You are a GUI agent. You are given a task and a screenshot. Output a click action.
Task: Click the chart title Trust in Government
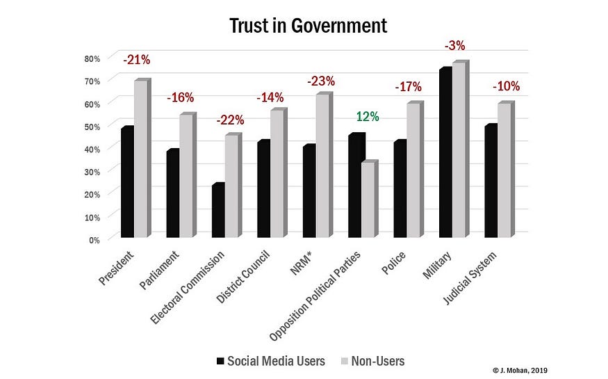[308, 26]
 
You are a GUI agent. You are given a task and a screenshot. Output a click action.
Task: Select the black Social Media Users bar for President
[127, 183]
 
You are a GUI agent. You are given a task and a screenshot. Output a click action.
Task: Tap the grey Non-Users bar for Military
[457, 150]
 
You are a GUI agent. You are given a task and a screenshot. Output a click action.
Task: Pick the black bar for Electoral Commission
[218, 211]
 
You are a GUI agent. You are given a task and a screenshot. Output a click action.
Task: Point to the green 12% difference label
[368, 117]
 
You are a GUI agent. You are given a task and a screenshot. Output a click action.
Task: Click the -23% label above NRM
[322, 80]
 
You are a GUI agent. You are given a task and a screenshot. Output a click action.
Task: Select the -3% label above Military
[454, 46]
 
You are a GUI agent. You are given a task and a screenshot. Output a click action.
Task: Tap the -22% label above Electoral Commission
[231, 120]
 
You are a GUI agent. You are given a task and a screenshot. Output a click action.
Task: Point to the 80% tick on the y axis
[93, 58]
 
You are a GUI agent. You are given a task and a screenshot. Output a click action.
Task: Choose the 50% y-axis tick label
[93, 126]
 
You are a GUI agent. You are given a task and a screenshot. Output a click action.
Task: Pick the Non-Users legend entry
[375, 360]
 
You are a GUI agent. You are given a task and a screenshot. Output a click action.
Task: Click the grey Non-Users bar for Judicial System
[503, 170]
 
